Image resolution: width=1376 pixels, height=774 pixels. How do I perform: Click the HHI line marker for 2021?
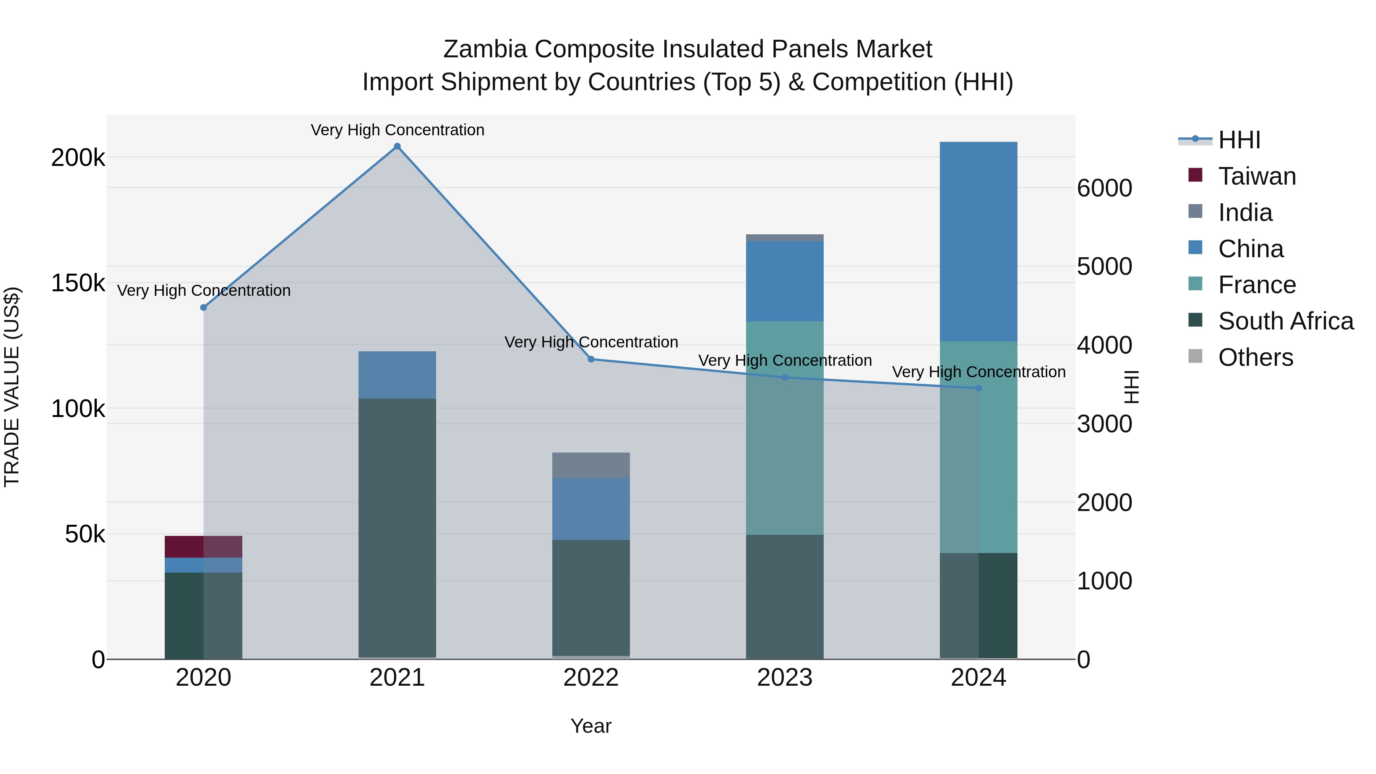[397, 146]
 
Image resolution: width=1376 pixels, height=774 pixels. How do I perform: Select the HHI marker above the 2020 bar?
[203, 307]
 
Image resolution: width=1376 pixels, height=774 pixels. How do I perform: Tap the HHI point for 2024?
[978, 388]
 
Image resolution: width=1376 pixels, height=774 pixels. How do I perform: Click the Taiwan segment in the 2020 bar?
[203, 547]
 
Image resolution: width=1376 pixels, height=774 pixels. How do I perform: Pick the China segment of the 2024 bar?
[978, 242]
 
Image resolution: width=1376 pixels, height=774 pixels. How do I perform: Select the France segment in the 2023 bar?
[784, 427]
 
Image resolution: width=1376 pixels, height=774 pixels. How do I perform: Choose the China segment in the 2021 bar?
[397, 375]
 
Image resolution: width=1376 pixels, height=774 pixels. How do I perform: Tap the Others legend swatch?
[1195, 356]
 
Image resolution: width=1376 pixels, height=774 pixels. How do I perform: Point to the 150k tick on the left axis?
[78, 283]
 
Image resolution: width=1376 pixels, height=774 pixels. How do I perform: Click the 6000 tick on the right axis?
[1104, 188]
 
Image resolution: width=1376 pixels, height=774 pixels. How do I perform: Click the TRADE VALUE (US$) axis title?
[12, 387]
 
